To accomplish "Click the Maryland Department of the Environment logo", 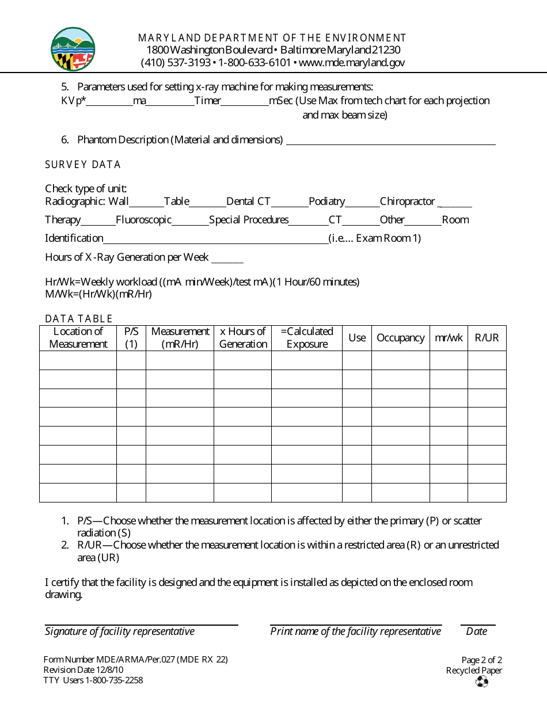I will tap(73, 50).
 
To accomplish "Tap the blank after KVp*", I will tap(109, 102).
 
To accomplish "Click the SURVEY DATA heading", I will tap(83, 165).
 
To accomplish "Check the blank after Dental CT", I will tap(290, 203).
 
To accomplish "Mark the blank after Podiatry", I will tap(362, 203).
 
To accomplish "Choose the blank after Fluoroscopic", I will tap(190, 221).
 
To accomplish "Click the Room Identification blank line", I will tap(215, 239).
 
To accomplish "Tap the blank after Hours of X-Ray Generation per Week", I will tap(227, 258).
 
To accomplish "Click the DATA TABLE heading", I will tap(79, 318).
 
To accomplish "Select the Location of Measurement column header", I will tap(78, 338).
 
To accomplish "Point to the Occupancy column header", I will tap(400, 338).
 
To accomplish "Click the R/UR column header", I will tap(487, 338).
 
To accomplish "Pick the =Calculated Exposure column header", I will tap(307, 338).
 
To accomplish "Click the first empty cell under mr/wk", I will tap(449, 360).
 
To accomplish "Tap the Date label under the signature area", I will tap(477, 631).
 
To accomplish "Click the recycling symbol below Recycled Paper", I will tap(482, 682).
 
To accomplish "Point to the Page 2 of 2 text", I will tap(481, 660).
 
